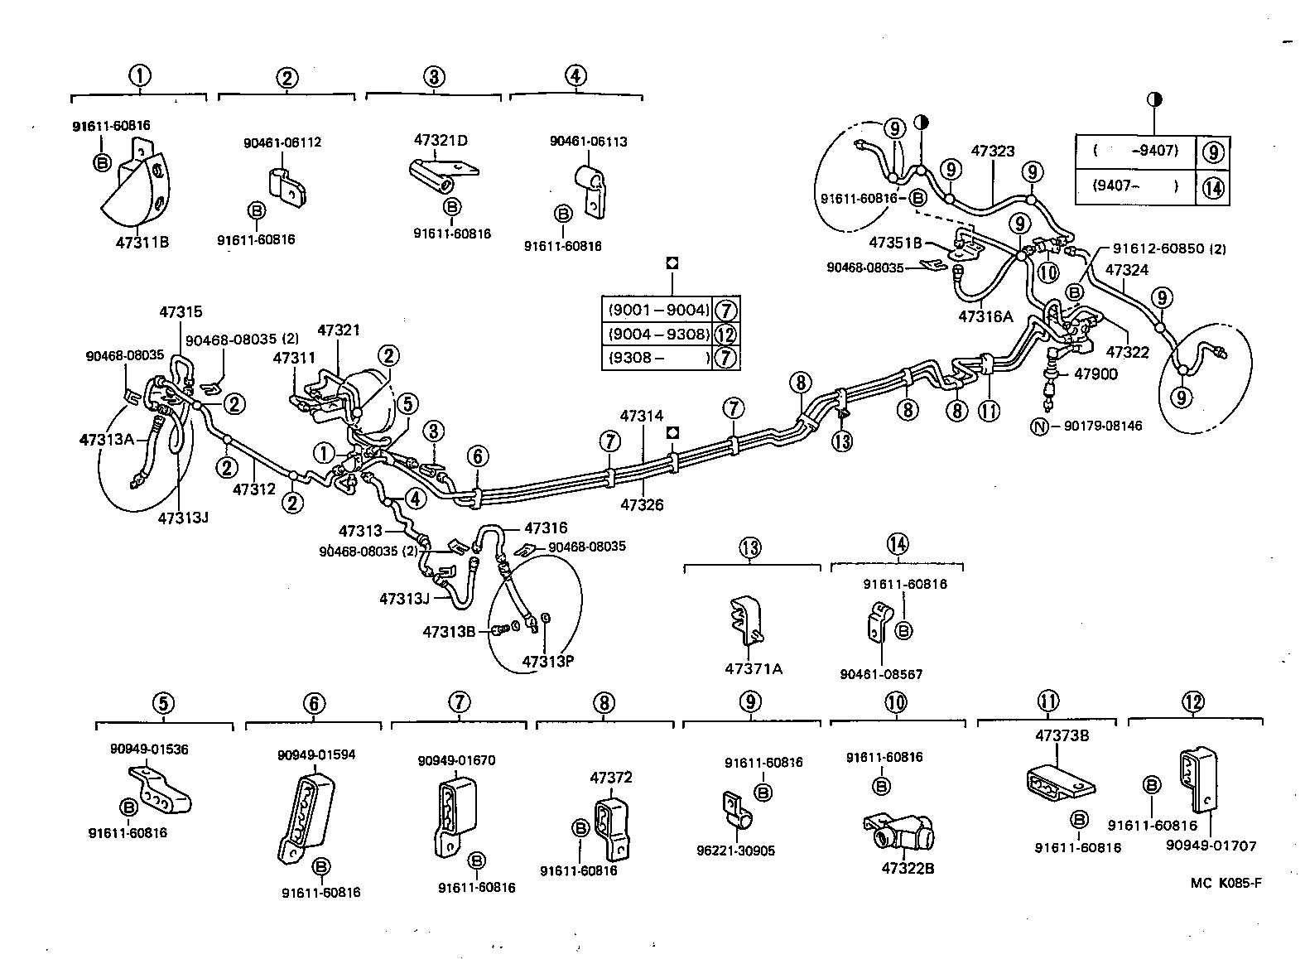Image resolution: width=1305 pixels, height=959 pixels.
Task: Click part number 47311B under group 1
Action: (x=142, y=242)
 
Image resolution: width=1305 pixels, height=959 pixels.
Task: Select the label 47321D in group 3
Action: (x=441, y=140)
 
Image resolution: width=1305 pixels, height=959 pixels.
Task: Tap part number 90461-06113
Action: (x=588, y=141)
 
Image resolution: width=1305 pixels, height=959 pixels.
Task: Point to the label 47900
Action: (x=1096, y=373)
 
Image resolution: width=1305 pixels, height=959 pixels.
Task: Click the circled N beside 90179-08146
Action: (x=1039, y=426)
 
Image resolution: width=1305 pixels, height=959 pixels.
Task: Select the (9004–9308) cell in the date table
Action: (x=658, y=335)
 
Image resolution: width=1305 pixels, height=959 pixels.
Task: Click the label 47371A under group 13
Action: (x=753, y=667)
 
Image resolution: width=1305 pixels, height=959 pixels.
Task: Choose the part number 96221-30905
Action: (x=736, y=851)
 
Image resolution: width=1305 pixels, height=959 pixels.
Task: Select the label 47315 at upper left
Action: (x=181, y=312)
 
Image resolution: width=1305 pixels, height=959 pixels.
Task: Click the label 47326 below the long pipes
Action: (x=641, y=504)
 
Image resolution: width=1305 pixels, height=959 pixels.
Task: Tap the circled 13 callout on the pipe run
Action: (x=842, y=441)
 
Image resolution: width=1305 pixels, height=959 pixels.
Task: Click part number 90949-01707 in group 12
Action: (x=1211, y=846)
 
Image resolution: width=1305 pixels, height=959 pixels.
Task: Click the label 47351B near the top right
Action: (x=894, y=243)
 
